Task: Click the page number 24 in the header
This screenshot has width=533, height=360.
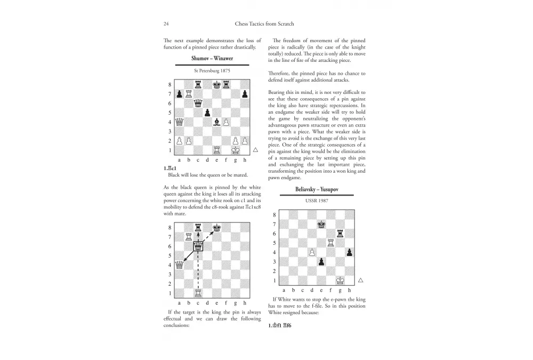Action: pos(166,23)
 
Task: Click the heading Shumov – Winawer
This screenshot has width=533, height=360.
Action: pos(212,59)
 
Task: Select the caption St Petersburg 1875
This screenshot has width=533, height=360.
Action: pos(212,70)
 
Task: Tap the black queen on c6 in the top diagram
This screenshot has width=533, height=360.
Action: pos(198,103)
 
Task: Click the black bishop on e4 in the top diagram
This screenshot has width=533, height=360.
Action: pos(217,122)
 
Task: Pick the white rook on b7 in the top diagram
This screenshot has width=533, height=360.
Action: pos(189,93)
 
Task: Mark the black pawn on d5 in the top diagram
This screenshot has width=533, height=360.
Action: pos(207,113)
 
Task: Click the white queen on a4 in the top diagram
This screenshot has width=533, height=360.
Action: pos(179,122)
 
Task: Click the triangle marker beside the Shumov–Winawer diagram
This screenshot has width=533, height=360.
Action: pos(256,150)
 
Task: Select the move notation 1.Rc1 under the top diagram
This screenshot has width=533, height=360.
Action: pos(171,169)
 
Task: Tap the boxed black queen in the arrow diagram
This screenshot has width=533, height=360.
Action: pos(198,246)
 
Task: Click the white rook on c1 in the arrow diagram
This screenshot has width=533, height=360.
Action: pos(198,293)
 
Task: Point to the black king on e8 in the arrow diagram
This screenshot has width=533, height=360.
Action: pos(217,227)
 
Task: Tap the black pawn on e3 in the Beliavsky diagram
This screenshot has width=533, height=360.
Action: pos(321,261)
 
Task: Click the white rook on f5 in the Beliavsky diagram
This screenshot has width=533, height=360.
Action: pos(330,243)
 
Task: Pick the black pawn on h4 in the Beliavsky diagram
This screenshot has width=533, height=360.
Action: pos(349,252)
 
